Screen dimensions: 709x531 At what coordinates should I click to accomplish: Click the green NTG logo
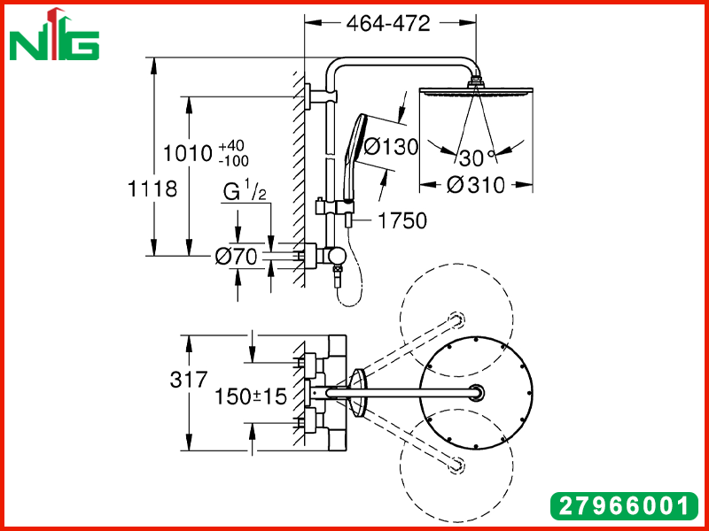pyautogui.click(x=54, y=35)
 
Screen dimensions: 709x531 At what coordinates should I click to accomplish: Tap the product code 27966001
pyautogui.click(x=624, y=506)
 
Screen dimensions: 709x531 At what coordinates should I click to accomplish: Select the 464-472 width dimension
pyautogui.click(x=388, y=24)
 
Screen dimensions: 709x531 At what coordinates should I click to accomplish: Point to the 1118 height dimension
pyautogui.click(x=152, y=189)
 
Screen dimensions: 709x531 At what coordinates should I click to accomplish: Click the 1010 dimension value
pyautogui.click(x=187, y=153)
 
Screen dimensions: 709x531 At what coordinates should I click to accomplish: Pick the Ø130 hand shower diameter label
pyautogui.click(x=391, y=147)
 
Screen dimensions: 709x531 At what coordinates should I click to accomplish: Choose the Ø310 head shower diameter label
pyautogui.click(x=475, y=185)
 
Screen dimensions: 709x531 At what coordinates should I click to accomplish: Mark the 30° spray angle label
pyautogui.click(x=477, y=158)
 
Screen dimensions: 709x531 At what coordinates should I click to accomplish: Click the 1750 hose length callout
pyautogui.click(x=402, y=220)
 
